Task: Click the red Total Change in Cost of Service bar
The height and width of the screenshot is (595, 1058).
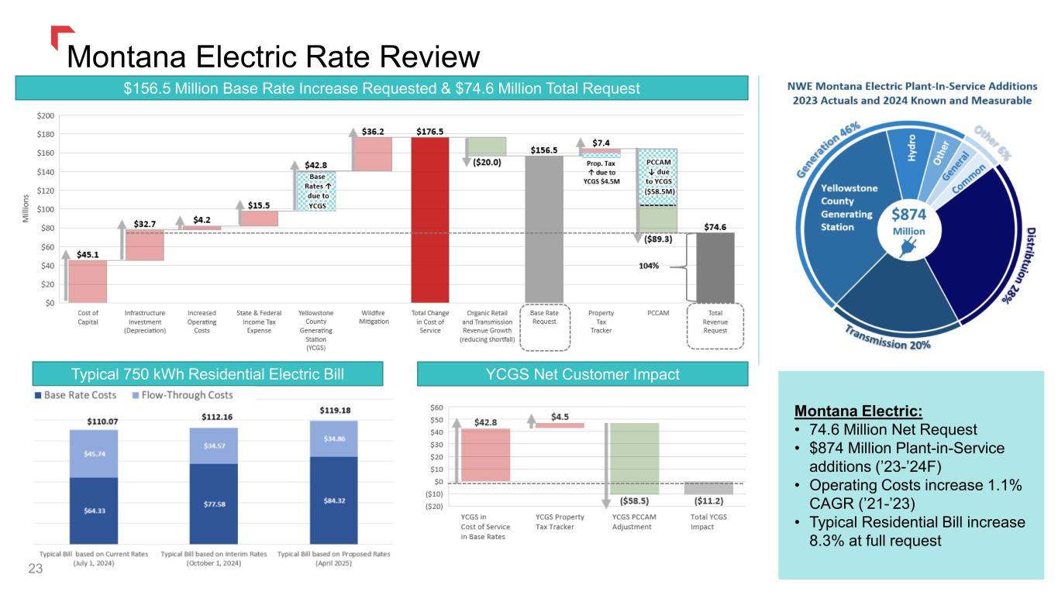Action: point(429,220)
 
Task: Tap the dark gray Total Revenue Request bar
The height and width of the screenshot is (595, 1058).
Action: point(715,267)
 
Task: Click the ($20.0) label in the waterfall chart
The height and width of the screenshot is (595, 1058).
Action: point(486,163)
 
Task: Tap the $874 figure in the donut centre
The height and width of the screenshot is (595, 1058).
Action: point(909,213)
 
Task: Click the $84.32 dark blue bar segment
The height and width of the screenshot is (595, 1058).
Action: point(334,499)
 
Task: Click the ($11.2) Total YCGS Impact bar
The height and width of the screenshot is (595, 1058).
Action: point(708,488)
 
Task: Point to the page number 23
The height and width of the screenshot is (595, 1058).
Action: point(34,569)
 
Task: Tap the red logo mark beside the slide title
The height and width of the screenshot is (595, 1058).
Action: point(62,35)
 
